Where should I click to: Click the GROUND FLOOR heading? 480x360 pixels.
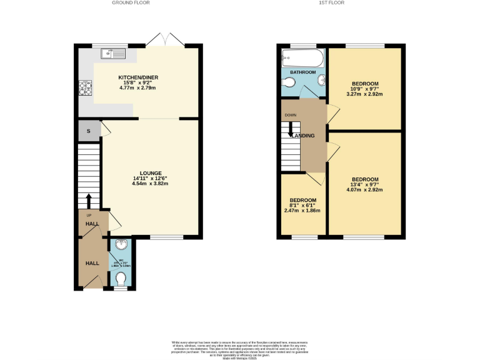tap(131, 3)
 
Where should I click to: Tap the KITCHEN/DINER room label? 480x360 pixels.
tap(138, 77)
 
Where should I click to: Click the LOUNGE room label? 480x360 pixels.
tap(151, 173)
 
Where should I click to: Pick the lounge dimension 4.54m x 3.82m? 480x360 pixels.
tap(151, 184)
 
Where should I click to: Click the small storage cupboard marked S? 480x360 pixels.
tap(89, 131)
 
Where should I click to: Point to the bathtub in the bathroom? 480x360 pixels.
tap(302, 59)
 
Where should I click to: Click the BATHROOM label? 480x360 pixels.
tap(302, 72)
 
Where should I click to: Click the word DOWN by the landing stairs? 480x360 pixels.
tap(291, 116)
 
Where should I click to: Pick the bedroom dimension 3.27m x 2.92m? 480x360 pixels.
tap(365, 94)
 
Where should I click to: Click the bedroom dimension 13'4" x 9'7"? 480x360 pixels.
tap(365, 184)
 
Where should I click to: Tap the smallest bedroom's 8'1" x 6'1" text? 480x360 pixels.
tap(302, 205)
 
